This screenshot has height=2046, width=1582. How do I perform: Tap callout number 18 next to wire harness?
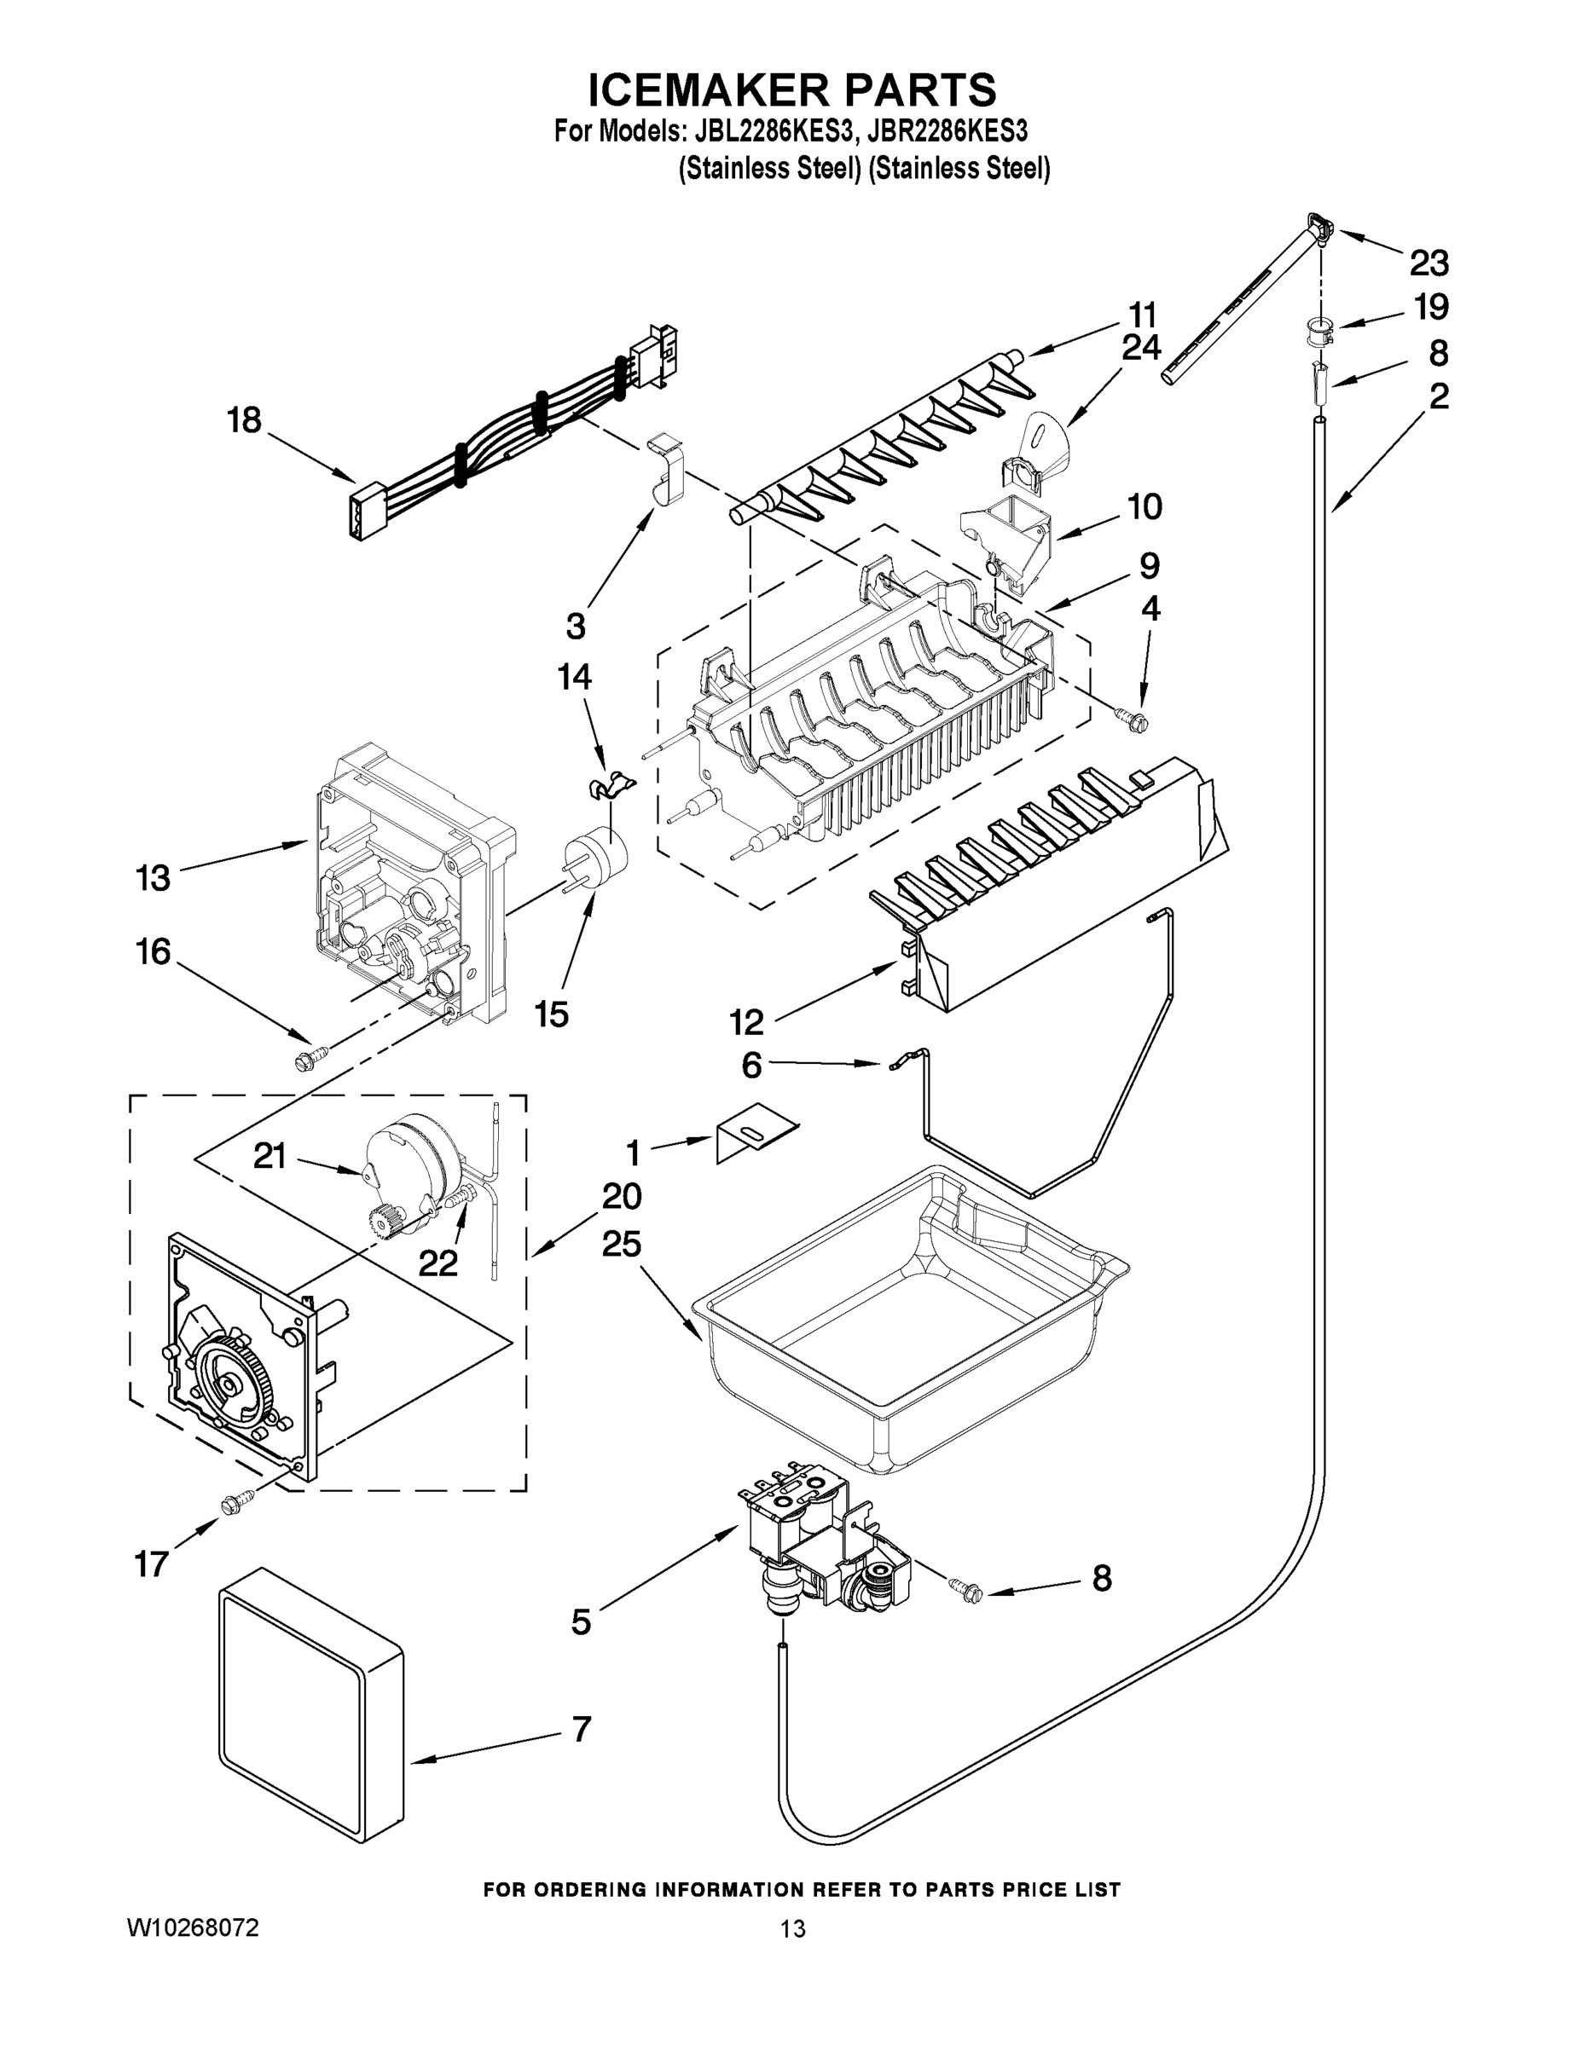point(244,420)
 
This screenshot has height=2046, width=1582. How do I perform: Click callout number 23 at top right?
point(1429,263)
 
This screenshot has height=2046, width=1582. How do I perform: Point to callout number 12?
point(747,1021)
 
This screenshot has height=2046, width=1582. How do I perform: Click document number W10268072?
point(193,1927)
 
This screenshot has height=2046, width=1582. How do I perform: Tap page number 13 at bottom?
point(792,1928)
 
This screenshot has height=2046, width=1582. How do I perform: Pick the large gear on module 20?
point(229,1383)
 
